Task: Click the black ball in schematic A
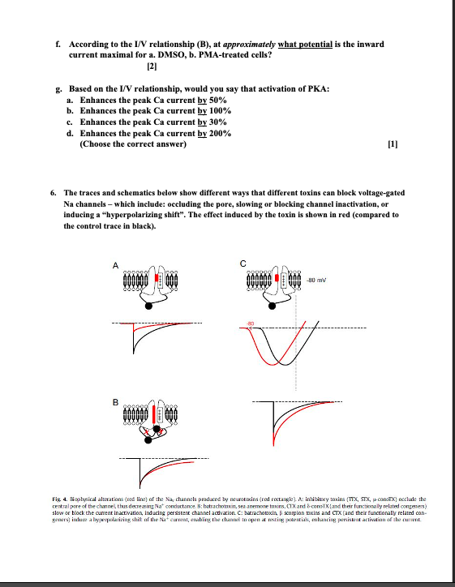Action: point(148,306)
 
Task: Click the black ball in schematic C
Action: point(277,306)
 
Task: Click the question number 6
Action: point(53,192)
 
